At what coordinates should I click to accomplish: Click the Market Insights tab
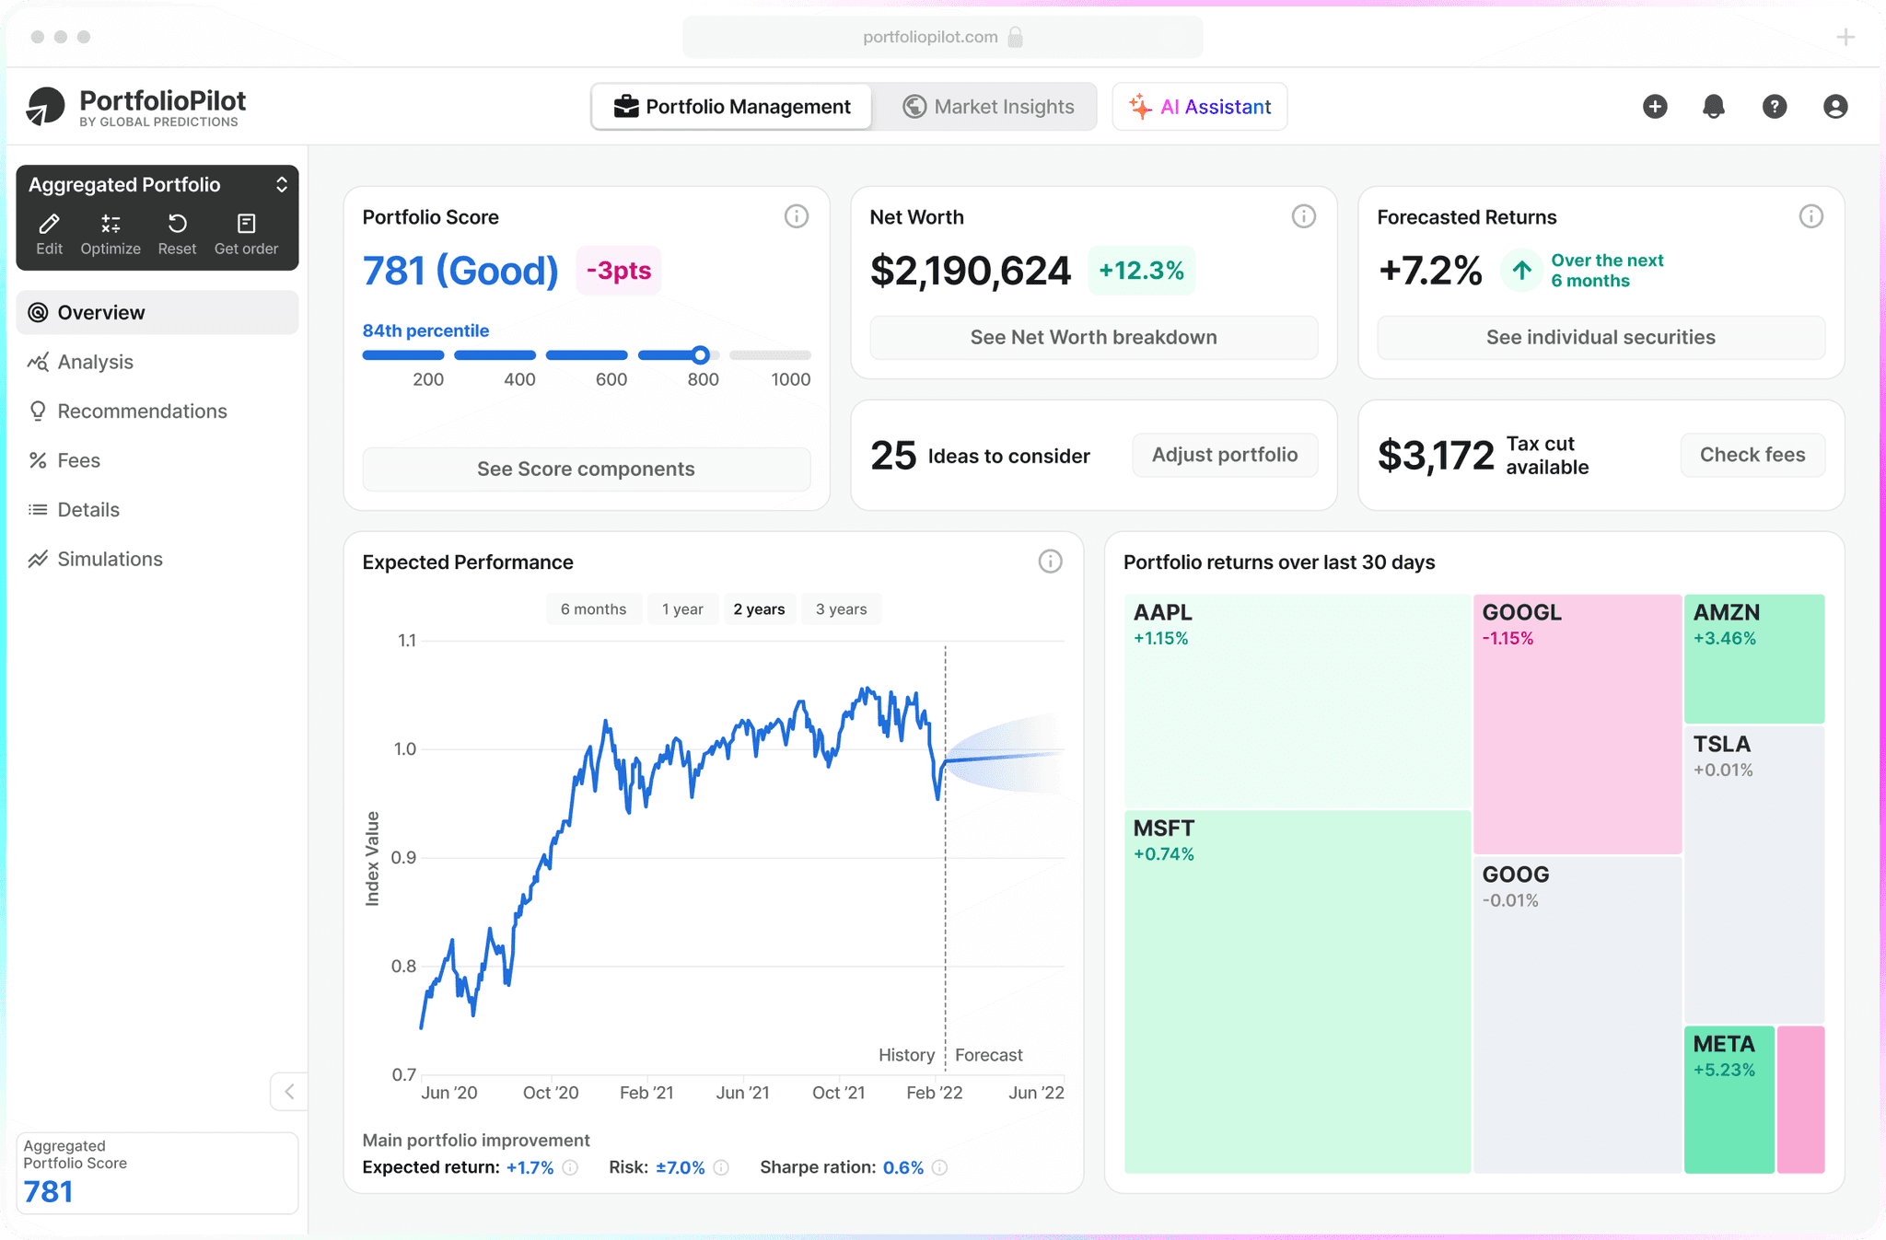point(987,107)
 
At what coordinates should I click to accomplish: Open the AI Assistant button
point(1199,107)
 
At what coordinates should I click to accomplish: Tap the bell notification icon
point(1713,107)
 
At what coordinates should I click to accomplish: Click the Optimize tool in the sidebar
point(111,235)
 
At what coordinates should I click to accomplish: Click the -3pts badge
point(619,271)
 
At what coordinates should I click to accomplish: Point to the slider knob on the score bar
point(701,355)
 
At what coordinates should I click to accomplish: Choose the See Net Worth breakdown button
point(1093,337)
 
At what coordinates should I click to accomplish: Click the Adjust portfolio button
point(1225,455)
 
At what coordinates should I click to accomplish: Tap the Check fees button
point(1752,455)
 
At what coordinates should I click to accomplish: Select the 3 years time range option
point(841,609)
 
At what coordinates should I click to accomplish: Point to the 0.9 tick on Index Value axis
point(404,858)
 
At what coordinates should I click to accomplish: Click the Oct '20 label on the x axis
point(551,1093)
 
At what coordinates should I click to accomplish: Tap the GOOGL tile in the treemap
point(1577,724)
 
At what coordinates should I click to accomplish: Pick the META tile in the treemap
point(1729,1099)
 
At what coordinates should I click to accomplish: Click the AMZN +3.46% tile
point(1754,658)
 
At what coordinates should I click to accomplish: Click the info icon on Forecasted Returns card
point(1810,216)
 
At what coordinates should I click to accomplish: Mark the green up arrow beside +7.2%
point(1521,271)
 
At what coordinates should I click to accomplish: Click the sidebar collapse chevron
point(289,1092)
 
